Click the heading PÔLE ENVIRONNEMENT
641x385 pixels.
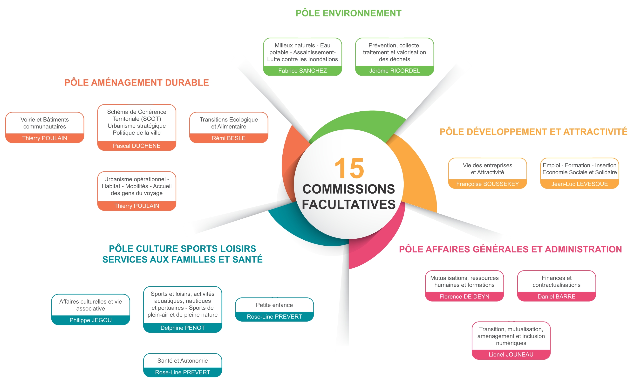tap(348, 13)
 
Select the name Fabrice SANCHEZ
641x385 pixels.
tap(302, 71)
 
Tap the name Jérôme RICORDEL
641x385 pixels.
tap(394, 71)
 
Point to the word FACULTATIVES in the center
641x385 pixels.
tap(348, 204)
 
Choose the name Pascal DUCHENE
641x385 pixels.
tap(136, 146)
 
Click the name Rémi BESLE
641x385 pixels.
tap(228, 138)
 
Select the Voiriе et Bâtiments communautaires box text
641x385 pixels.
tap(45, 123)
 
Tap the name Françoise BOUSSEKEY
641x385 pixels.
tap(487, 184)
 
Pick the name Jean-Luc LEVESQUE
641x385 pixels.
tap(579, 184)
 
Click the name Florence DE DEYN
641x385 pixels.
tap(464, 297)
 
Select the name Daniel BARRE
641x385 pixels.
tap(556, 297)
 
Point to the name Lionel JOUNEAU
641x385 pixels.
tap(511, 354)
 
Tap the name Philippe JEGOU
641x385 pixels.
tap(91, 320)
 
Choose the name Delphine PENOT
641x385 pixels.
tap(183, 328)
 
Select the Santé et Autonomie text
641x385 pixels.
tap(183, 361)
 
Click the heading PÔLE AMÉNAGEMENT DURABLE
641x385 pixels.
tap(136, 82)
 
